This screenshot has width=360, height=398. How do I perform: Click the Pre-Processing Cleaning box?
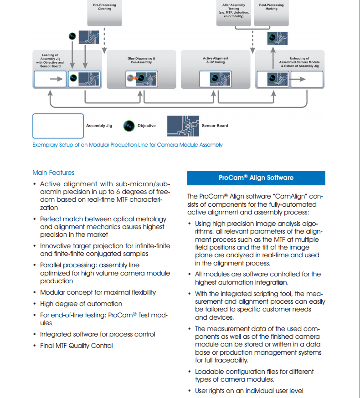[104, 13]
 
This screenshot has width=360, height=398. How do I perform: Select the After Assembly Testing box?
[233, 13]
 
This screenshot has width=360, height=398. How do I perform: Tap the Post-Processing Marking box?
[271, 13]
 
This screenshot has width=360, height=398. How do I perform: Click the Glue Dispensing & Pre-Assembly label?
[141, 61]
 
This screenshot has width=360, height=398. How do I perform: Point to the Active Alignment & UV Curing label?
[216, 60]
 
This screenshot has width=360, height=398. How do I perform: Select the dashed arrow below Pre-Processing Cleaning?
[104, 41]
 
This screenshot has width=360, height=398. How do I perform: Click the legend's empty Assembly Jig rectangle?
[58, 126]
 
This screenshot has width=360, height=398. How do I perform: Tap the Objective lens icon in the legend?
[129, 126]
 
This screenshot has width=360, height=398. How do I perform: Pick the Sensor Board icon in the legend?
[183, 126]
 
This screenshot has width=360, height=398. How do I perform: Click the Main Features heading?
[53, 173]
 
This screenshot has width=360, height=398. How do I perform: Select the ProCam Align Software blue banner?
[256, 178]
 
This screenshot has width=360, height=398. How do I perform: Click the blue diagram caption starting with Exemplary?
[127, 145]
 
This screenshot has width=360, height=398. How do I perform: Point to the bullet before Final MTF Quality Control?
[35, 346]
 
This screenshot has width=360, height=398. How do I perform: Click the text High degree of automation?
[81, 304]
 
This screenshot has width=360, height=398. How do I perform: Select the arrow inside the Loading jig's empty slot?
[57, 79]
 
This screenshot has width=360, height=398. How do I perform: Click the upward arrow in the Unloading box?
[273, 58]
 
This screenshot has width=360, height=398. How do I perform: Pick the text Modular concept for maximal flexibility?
[98, 292]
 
